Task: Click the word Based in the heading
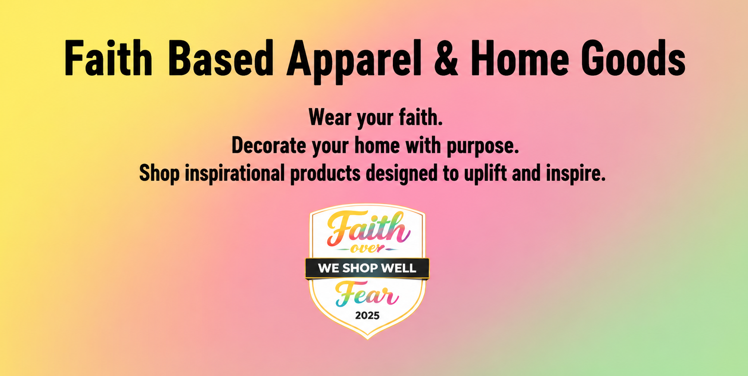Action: (x=220, y=58)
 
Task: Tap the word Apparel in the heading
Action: (x=354, y=62)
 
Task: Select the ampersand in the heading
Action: (x=446, y=58)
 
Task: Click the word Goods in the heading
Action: (x=633, y=58)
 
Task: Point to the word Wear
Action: (x=330, y=117)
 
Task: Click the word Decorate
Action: (x=269, y=145)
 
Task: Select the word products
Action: (x=325, y=174)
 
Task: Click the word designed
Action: (x=401, y=174)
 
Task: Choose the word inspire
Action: (x=576, y=174)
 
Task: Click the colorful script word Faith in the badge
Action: (x=368, y=229)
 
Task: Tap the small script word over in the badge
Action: (x=367, y=248)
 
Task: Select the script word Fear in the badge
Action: (x=367, y=294)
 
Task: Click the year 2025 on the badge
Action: (x=367, y=316)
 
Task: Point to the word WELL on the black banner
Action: (x=399, y=268)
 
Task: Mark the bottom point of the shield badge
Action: (x=368, y=339)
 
